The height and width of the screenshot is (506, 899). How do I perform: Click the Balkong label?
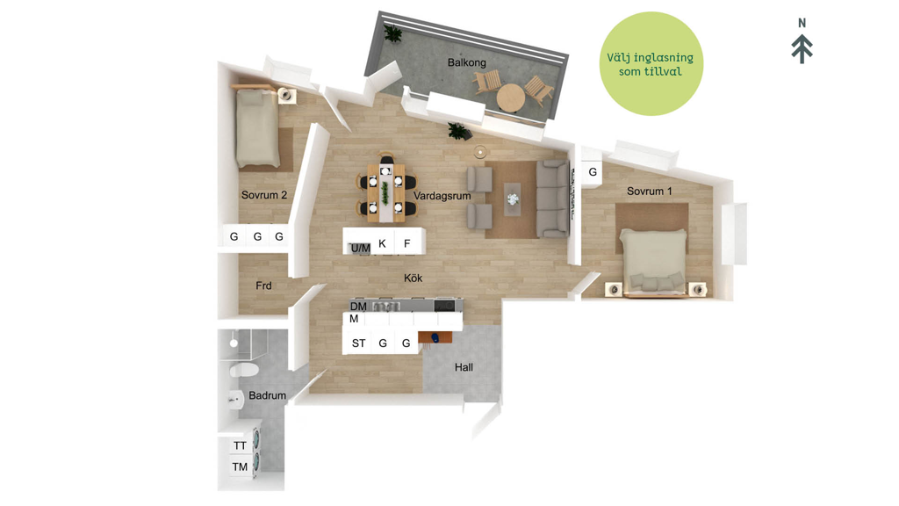click(467, 62)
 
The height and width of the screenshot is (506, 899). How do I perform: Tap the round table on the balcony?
click(511, 98)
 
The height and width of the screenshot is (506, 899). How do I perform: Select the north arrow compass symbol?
click(802, 41)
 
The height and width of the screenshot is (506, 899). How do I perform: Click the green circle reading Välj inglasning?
click(651, 63)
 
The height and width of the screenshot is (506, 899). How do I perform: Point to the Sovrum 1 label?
click(649, 191)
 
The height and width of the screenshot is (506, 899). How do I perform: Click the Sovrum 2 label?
click(263, 195)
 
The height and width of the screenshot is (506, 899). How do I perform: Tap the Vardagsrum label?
click(442, 196)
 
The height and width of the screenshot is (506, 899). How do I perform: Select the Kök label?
click(413, 278)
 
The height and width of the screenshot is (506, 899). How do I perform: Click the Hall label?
click(464, 367)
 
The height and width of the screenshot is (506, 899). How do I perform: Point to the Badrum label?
click(267, 395)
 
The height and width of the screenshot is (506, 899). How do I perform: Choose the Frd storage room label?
click(263, 286)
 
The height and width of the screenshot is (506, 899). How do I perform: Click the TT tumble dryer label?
click(240, 445)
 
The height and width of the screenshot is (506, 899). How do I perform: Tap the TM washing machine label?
click(240, 467)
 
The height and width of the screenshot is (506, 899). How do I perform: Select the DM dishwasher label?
click(358, 307)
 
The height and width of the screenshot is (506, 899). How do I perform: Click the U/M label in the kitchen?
click(361, 249)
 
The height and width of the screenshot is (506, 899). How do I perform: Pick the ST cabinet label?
click(358, 343)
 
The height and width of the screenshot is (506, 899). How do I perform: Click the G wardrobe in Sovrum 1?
click(593, 171)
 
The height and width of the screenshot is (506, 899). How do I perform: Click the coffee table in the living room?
click(513, 199)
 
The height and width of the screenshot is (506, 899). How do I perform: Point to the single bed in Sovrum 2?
click(257, 127)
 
